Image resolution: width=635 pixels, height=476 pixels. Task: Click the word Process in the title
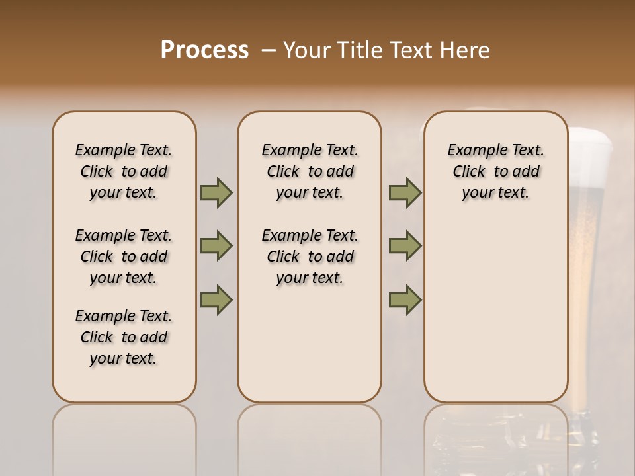[x=204, y=50]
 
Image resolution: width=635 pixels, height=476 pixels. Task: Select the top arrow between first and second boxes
[x=216, y=192]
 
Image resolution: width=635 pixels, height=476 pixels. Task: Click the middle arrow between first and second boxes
[x=216, y=246]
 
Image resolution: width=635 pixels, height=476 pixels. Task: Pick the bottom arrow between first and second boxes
[x=216, y=299]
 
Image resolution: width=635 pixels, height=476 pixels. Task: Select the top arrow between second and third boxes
[x=405, y=192]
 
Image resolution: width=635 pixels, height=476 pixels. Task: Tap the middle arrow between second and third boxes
[x=405, y=246]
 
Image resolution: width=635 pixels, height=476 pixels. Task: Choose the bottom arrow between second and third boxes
[x=405, y=299]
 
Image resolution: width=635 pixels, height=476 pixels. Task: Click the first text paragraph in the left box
[x=124, y=171]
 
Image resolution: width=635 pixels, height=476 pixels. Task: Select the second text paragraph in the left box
[x=124, y=257]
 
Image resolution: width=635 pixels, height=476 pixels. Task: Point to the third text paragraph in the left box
[x=124, y=337]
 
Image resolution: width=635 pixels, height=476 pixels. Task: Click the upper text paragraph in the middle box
[x=310, y=171]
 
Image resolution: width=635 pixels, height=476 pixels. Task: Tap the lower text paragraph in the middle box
[x=310, y=257]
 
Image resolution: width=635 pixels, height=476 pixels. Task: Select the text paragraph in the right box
[x=495, y=171]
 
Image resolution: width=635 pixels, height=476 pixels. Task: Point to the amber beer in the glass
[x=586, y=264]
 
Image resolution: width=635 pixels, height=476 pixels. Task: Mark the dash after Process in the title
[x=268, y=50]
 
